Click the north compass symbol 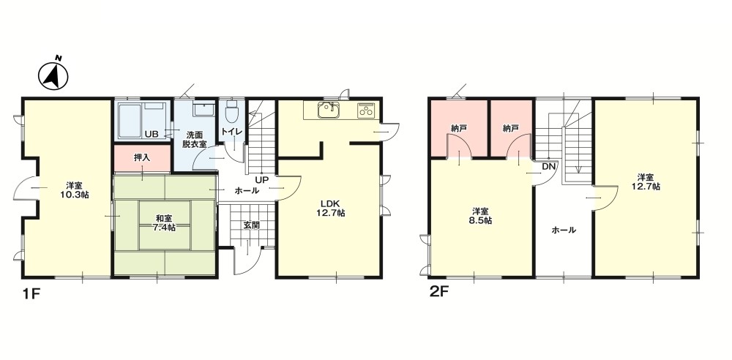click(x=53, y=74)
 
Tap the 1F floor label click(x=31, y=294)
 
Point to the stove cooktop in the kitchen click(x=366, y=110)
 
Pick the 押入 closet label click(x=142, y=157)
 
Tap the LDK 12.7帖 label click(x=332, y=209)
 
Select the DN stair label click(x=548, y=167)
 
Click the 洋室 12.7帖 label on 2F click(x=646, y=181)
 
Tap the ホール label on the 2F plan click(x=564, y=230)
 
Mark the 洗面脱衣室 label click(x=194, y=139)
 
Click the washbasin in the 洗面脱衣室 click(x=202, y=109)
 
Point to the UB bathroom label click(x=152, y=134)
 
